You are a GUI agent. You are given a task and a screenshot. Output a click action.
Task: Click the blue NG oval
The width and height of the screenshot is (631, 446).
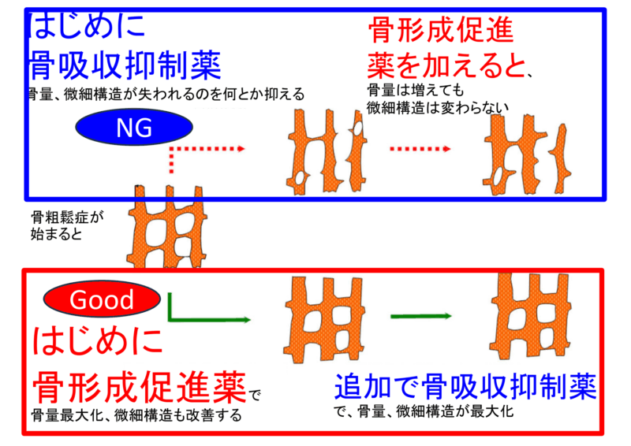[135, 128]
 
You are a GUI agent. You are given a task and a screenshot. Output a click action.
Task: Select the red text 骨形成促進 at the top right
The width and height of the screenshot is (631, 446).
[441, 31]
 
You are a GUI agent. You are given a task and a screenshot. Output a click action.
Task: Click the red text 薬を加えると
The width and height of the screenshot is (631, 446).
[446, 65]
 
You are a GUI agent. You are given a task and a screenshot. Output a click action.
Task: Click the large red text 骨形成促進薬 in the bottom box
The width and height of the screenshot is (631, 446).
[138, 386]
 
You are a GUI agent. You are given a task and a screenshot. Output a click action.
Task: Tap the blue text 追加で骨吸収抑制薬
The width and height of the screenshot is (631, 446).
[465, 386]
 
